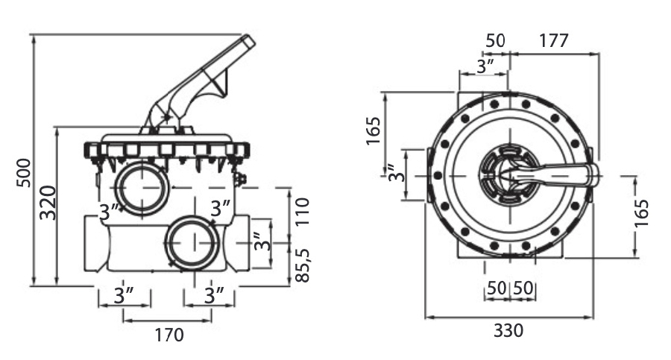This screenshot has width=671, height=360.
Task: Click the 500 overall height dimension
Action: pyautogui.click(x=22, y=172)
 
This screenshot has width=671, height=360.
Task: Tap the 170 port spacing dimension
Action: pyautogui.click(x=168, y=335)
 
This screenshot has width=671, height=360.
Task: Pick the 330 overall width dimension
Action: pyautogui.click(x=508, y=329)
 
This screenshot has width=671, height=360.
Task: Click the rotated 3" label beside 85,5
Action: pyautogui.click(x=258, y=243)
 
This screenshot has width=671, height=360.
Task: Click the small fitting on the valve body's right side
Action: pyautogui.click(x=240, y=180)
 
